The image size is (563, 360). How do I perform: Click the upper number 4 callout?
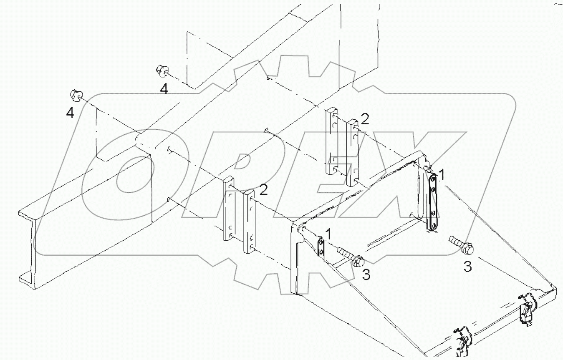pos(165,89)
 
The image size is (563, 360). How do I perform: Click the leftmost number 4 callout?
pos(70,113)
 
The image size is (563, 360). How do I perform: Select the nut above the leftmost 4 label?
pos(75,96)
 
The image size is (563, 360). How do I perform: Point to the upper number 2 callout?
pos(365,120)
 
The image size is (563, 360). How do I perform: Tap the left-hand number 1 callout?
pos(329,234)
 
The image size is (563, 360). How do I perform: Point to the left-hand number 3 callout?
pos(366,274)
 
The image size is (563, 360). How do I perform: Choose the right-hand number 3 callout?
pos(468,267)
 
